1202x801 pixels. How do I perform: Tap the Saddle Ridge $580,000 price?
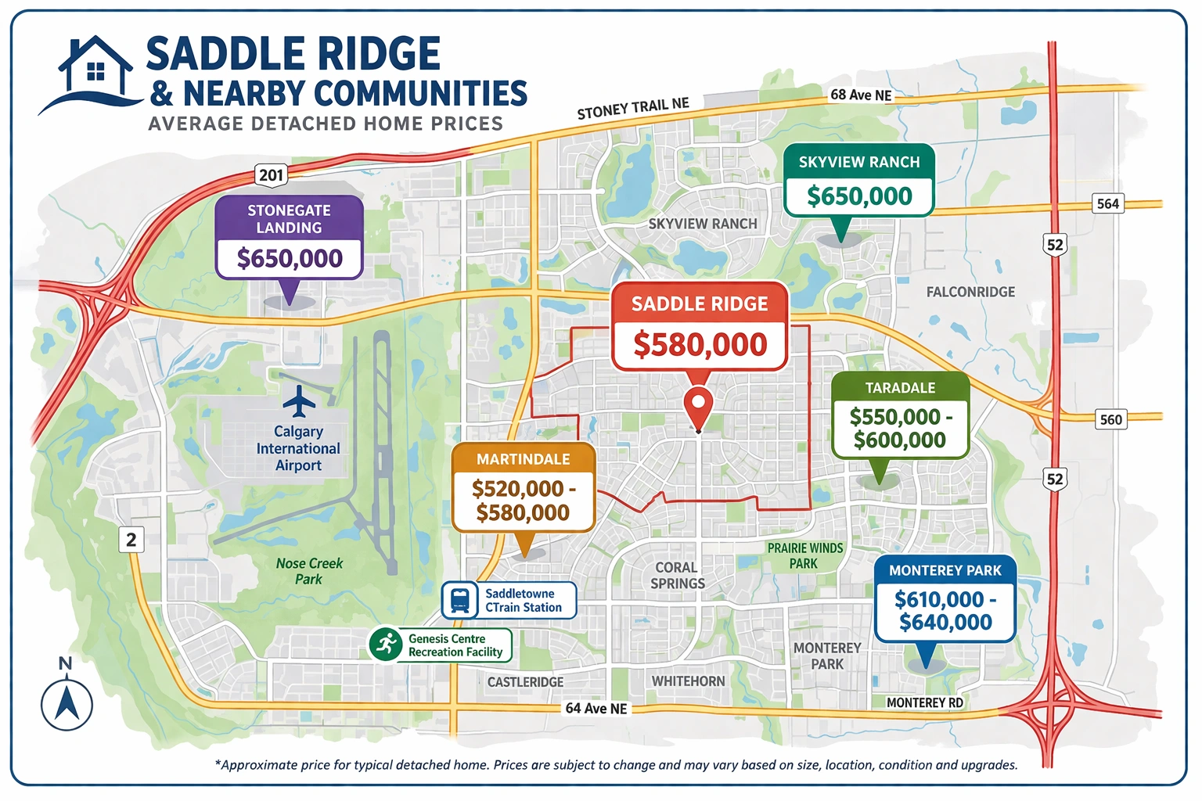tap(700, 344)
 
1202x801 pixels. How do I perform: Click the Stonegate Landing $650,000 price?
tap(290, 258)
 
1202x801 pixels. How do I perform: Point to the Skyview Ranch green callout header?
tap(859, 162)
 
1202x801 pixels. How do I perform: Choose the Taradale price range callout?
tap(900, 428)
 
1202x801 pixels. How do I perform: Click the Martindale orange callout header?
tap(524, 459)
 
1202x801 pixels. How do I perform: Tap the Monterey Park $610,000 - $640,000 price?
tap(945, 610)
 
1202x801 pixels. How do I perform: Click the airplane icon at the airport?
tap(299, 401)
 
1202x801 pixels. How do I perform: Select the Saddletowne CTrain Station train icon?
tap(460, 600)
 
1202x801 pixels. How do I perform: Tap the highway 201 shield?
tap(271, 174)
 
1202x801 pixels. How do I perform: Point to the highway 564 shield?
tap(1107, 203)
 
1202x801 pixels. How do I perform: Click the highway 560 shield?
tap(1110, 419)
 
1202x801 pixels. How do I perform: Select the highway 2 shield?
tap(131, 539)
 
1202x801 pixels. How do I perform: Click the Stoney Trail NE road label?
tap(633, 109)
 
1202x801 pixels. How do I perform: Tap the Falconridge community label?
tap(970, 292)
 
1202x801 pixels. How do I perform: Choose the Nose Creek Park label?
tap(309, 571)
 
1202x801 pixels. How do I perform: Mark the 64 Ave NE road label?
tap(596, 708)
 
